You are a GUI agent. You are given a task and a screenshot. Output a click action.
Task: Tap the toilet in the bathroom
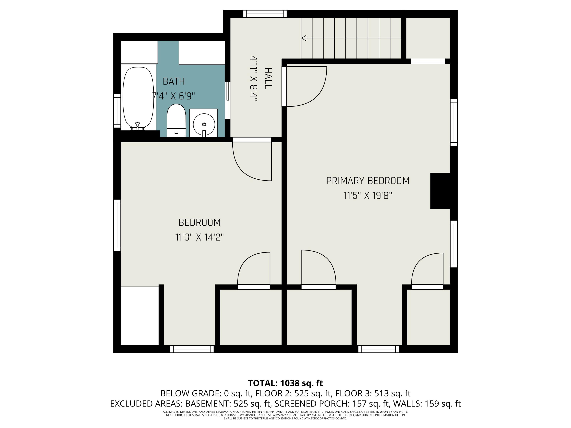(x=176, y=120)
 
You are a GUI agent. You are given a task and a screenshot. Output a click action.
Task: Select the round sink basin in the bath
(x=204, y=124)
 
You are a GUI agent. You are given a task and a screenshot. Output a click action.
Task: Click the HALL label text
(x=268, y=78)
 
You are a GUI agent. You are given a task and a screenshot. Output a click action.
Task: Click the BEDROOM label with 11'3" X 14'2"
(x=199, y=222)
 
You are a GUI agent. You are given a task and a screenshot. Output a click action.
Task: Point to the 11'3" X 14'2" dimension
(x=199, y=237)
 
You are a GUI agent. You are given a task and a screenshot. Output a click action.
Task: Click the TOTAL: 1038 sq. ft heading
(x=285, y=383)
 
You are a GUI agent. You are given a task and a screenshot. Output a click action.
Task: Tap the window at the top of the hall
(x=265, y=14)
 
